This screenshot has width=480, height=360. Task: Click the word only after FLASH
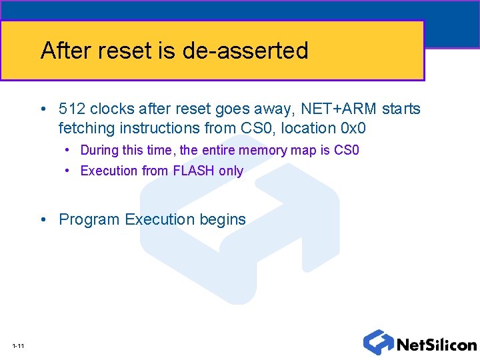click(231, 171)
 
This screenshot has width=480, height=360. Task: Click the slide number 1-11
click(18, 345)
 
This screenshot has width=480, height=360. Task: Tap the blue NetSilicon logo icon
click(378, 342)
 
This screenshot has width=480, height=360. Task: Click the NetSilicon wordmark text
click(437, 345)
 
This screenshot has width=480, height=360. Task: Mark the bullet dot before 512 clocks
click(43, 109)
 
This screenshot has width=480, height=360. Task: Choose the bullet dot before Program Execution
click(43, 220)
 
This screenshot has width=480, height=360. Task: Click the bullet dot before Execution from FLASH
click(68, 171)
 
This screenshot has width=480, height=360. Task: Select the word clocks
click(112, 109)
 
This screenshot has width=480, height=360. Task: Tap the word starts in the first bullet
click(401, 109)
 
